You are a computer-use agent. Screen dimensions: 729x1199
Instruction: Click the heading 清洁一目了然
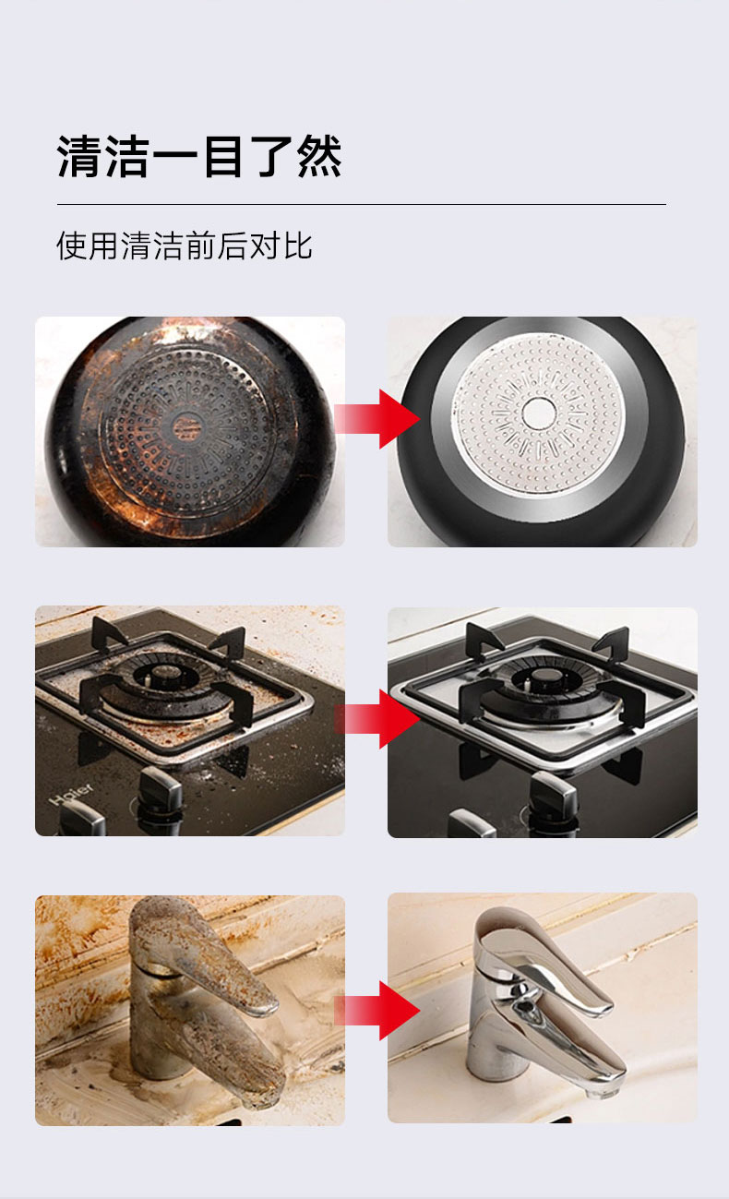(x=199, y=156)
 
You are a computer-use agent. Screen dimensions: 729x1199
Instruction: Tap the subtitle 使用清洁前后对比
(x=185, y=246)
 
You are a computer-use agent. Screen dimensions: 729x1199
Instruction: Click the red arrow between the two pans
(x=377, y=419)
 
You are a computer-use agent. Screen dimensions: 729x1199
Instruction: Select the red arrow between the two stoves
(x=377, y=719)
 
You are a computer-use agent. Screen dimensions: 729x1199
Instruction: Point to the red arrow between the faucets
(x=377, y=1011)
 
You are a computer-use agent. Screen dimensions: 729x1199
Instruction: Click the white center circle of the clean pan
(x=538, y=414)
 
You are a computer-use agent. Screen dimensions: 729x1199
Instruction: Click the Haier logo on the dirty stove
(x=71, y=794)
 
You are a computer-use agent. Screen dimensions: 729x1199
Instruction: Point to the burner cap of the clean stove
(x=541, y=679)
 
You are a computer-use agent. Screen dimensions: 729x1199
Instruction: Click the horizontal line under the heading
(x=362, y=204)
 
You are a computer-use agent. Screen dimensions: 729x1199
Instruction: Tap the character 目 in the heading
(x=222, y=156)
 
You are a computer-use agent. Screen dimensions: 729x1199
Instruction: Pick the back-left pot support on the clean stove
(x=484, y=638)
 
